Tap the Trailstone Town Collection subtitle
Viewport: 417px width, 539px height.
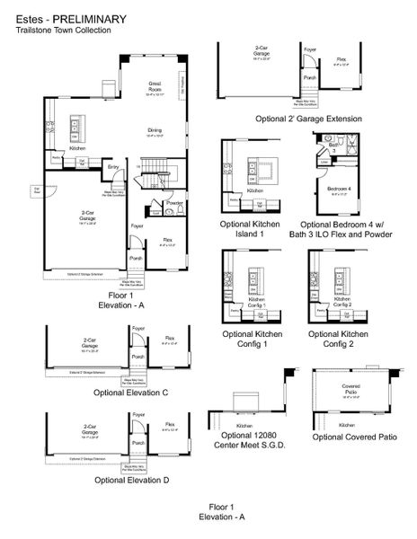pyautogui.click(x=63, y=30)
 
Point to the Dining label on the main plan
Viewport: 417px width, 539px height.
pyautogui.click(x=155, y=131)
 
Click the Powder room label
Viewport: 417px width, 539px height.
pyautogui.click(x=175, y=203)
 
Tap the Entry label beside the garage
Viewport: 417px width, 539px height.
pyautogui.click(x=113, y=167)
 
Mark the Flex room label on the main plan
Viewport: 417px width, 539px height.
pyautogui.click(x=168, y=240)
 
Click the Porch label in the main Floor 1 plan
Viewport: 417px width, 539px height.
pyautogui.click(x=135, y=259)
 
